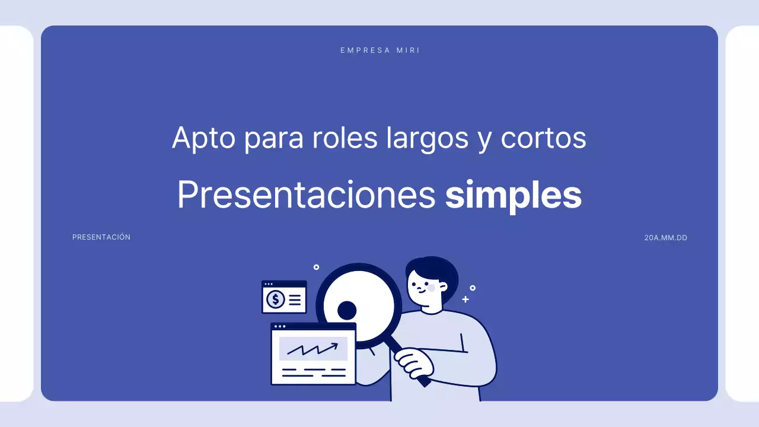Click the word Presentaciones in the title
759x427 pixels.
[x=306, y=195]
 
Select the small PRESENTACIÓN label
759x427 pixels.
[x=101, y=237]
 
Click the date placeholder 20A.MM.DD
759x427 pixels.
[x=665, y=238]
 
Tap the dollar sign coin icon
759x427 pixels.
[x=276, y=299]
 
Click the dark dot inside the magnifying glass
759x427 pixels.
[x=347, y=310]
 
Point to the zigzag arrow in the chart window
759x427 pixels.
[x=312, y=349]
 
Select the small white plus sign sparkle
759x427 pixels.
[x=465, y=299]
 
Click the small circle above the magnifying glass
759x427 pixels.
[x=316, y=267]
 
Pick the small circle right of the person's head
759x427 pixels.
[x=473, y=288]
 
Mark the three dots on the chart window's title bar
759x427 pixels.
[x=279, y=326]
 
